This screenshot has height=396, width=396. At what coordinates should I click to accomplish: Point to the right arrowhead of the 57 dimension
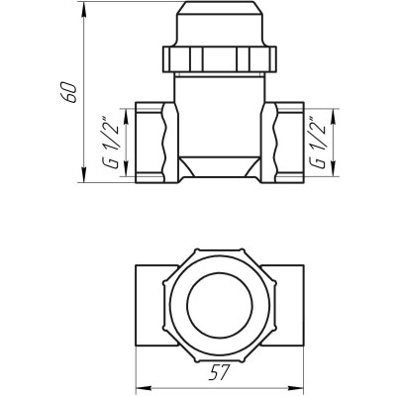coord(300,388)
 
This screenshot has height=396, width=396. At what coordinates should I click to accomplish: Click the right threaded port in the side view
coord(286,144)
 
